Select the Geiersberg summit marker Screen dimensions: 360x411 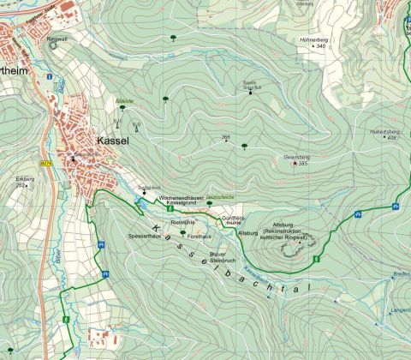pos(295,163)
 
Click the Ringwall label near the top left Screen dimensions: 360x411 pos(57,39)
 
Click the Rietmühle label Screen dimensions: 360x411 pos(183,221)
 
